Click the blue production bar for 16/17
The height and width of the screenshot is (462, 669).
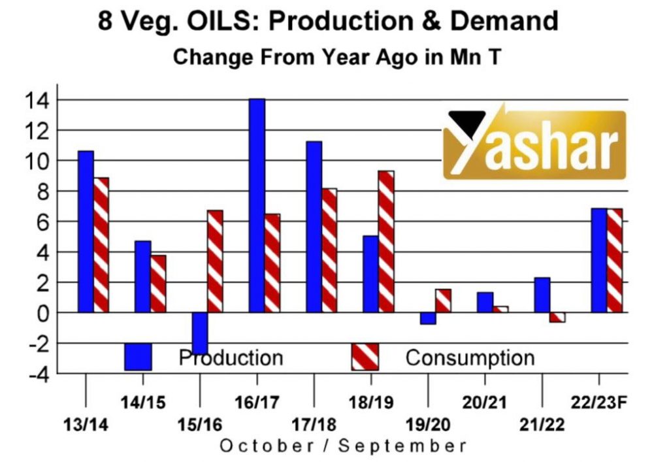coord(257,205)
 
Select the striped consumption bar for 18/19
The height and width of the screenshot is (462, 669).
coord(386,242)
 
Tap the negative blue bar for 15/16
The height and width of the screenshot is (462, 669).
coord(199,333)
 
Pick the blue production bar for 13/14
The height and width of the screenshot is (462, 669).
coord(86,231)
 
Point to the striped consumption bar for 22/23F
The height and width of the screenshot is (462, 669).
coord(615,260)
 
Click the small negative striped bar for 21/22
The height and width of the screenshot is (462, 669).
coord(557,317)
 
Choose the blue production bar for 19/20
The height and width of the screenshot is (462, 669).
coord(428,318)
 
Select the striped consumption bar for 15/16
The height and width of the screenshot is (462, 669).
coord(215,261)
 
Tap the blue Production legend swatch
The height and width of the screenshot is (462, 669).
coord(138,357)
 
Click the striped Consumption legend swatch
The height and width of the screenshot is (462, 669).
coord(365,357)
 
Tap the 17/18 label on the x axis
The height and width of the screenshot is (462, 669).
coord(314,424)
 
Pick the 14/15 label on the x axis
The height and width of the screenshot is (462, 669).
coord(143,401)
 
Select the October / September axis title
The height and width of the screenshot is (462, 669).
coord(343,446)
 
